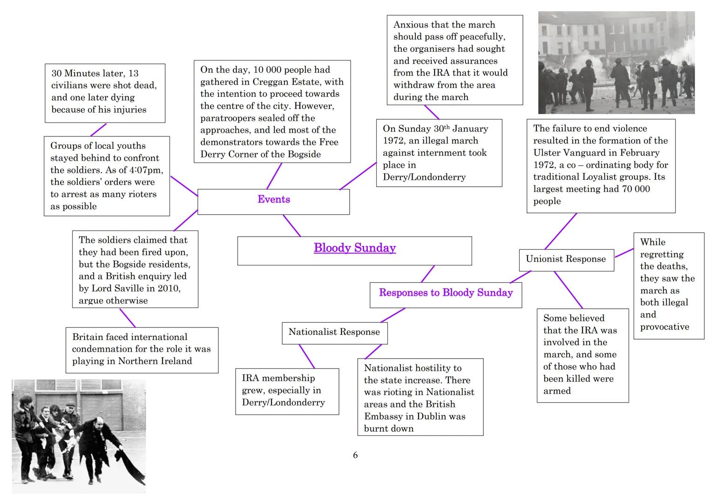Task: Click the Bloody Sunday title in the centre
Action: [x=354, y=248]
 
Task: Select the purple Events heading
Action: [x=274, y=200]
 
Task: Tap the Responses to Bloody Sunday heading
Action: [x=446, y=293]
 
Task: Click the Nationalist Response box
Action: [x=334, y=332]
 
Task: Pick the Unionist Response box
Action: [x=566, y=259]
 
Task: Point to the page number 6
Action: [x=355, y=455]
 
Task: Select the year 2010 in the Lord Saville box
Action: [x=168, y=288]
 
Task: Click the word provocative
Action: [x=664, y=327]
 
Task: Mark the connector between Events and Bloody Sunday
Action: [x=291, y=225]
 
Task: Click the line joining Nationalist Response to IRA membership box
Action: [x=306, y=356]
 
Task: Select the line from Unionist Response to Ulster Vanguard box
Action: [x=561, y=231]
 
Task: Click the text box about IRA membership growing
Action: [x=287, y=391]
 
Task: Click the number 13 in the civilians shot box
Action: [x=133, y=74]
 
